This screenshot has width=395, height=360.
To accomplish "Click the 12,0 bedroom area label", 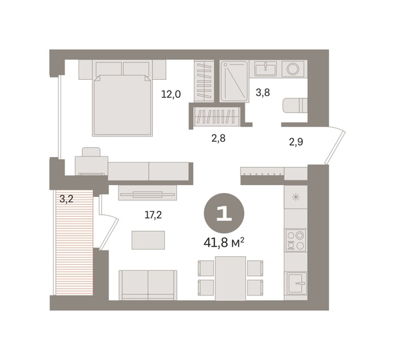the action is (171, 94).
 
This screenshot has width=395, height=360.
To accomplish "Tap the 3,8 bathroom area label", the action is (263, 92).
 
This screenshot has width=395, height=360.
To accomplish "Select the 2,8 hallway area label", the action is (218, 138).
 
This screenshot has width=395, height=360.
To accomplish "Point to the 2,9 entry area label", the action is (296, 142).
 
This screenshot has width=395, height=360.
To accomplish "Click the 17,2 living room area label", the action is (153, 215).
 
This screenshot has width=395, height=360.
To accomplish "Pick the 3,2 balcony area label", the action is (66, 199).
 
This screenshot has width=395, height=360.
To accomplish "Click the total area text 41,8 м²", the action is (224, 242).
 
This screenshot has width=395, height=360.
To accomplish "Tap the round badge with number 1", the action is (224, 214).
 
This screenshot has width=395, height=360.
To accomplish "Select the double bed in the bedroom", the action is (122, 98).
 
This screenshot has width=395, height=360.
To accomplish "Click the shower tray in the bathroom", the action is (234, 81).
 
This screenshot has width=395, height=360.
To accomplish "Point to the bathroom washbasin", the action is (265, 69).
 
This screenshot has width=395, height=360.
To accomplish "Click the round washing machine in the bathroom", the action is (293, 69).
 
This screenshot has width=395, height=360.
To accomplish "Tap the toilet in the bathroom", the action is (295, 106).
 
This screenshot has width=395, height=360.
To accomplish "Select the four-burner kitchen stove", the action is (296, 240).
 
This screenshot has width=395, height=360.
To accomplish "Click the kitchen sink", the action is (297, 283).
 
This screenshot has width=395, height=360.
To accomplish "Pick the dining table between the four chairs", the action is (231, 278).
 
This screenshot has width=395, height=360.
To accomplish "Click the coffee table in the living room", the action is (148, 240).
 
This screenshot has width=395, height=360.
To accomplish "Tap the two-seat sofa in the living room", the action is (148, 285).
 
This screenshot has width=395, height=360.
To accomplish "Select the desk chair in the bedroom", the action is (91, 152).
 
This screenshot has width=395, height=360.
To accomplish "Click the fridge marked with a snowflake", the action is (296, 197).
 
